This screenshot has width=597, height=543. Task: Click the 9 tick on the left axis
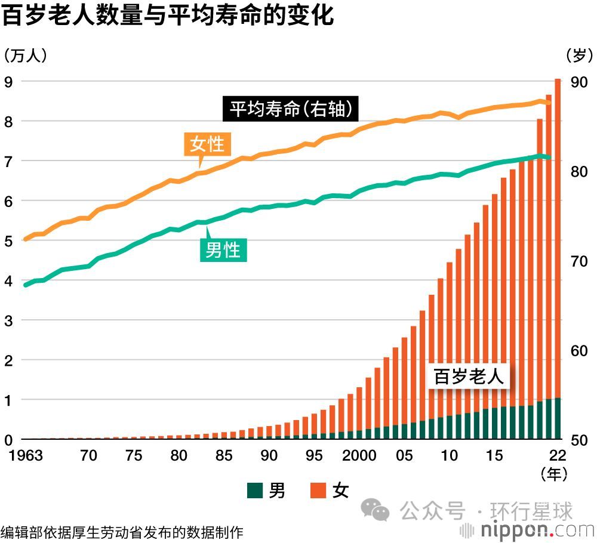click(8, 82)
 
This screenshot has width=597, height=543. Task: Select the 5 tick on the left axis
click(8, 241)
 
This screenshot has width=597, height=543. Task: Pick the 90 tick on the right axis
click(580, 82)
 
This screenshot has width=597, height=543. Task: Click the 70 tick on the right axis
click(580, 261)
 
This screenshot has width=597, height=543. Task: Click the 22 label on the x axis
click(557, 456)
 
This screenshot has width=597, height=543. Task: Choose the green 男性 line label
click(223, 250)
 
